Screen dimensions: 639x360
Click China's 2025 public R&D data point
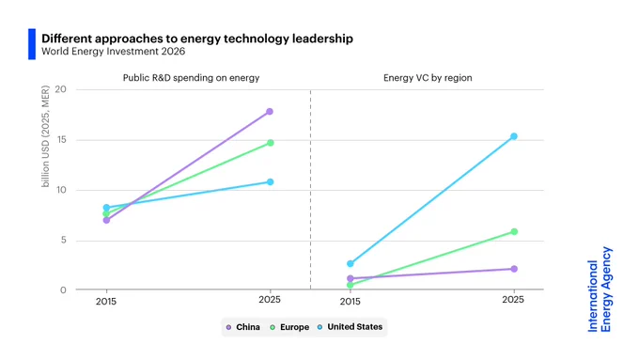[270, 111]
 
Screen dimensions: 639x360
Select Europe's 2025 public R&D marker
[271, 143]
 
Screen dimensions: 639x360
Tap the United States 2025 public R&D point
[271, 181]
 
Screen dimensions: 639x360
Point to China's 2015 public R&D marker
[106, 220]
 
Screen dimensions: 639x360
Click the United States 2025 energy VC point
[514, 136]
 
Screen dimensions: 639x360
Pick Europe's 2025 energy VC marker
[514, 231]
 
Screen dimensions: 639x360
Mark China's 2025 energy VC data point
[514, 269]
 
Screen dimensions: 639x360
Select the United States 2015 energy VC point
[351, 264]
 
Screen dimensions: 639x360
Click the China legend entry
[242, 327]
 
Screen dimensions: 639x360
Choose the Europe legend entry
[289, 327]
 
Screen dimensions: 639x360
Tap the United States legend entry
[350, 327]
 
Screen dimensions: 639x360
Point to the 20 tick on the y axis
[60, 89]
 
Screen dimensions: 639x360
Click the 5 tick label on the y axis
[63, 240]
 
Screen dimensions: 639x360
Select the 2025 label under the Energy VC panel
[513, 300]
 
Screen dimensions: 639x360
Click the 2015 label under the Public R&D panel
[106, 302]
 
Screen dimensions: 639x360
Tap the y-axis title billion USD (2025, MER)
[45, 136]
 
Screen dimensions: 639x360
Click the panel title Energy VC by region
[428, 78]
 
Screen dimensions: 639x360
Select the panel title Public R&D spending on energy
[191, 78]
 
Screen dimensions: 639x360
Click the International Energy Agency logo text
[600, 290]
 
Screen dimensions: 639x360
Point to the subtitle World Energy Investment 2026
[114, 52]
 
